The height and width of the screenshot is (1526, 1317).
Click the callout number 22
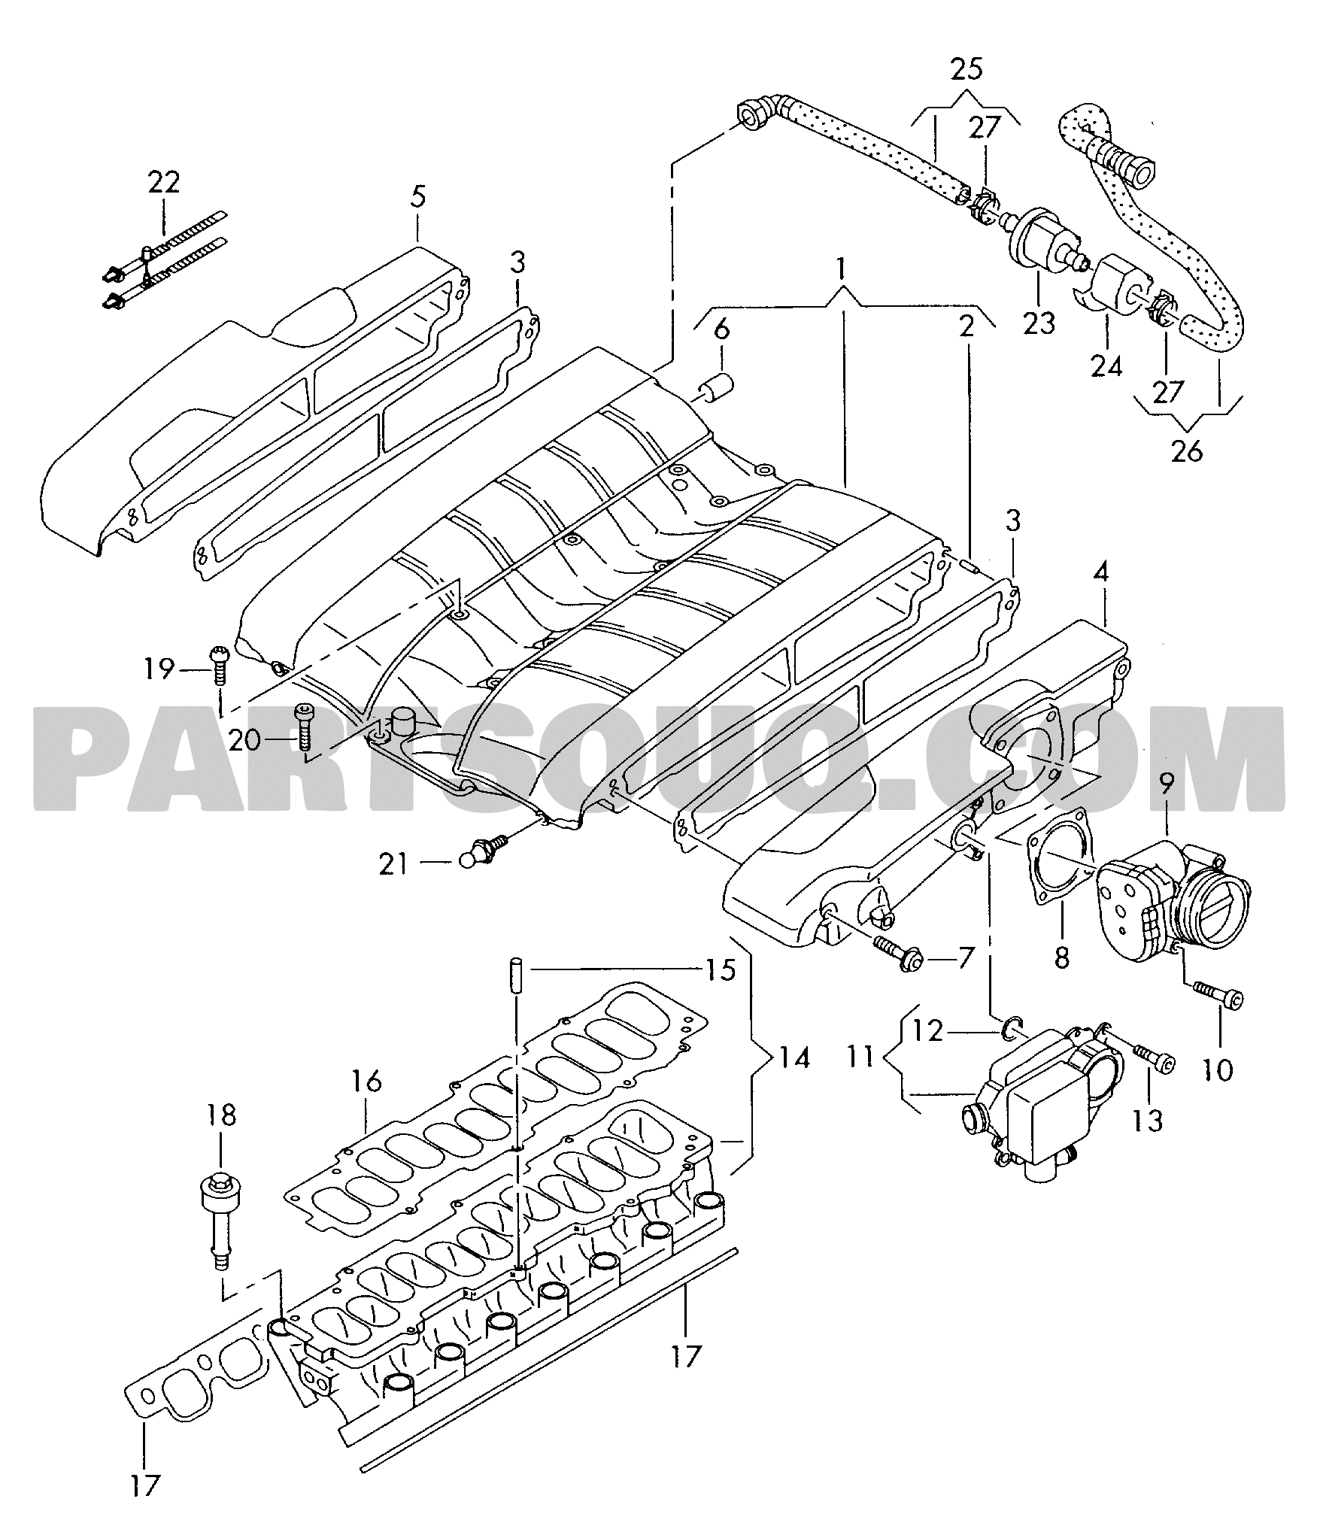164,183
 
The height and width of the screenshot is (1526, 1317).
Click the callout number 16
366,1082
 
